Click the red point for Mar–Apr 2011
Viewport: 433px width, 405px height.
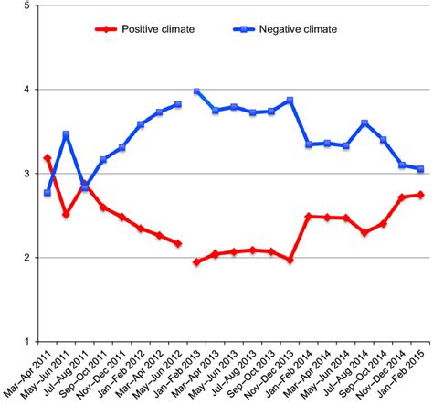(48, 158)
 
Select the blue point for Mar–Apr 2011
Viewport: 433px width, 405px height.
(48, 193)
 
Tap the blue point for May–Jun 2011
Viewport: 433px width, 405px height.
(66, 134)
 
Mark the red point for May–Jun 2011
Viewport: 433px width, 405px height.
(66, 215)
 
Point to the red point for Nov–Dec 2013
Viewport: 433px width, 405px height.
(290, 260)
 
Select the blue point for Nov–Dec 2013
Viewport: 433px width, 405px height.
(290, 101)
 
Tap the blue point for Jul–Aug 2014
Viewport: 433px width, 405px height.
(364, 123)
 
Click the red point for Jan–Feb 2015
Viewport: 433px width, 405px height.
(420, 195)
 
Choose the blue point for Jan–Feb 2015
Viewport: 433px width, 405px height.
(420, 169)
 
